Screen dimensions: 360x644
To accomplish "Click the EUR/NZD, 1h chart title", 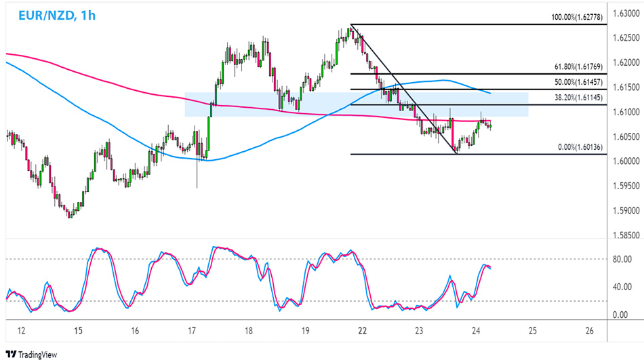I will [x=52, y=14].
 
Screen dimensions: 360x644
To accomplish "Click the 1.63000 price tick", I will [x=624, y=14].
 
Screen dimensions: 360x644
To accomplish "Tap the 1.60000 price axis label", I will [x=624, y=161].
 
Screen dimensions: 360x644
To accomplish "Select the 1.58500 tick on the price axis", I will [x=624, y=235].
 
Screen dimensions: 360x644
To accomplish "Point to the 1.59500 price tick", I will [x=624, y=185].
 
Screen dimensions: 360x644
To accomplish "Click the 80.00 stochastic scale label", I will [x=622, y=258].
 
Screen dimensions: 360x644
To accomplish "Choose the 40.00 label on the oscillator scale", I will [x=622, y=287].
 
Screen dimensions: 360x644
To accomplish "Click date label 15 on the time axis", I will [x=79, y=330].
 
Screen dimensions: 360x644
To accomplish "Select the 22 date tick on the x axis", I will [x=362, y=330].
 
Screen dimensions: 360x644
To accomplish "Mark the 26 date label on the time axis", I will [x=588, y=330].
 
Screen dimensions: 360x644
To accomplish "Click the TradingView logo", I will [x=33, y=354].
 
